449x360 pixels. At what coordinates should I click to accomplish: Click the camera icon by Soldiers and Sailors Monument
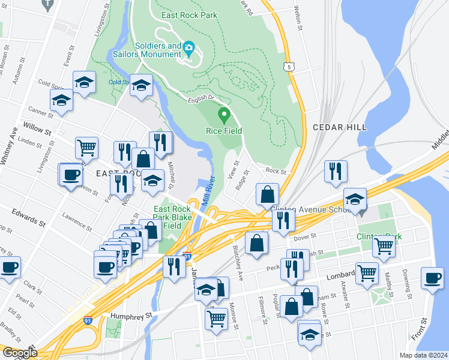pos(188,47)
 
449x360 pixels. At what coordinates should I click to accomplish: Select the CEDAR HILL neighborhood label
pos(336,127)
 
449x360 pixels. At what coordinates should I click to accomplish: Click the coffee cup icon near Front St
pos(432,278)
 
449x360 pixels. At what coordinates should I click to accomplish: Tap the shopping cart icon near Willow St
pos(87,146)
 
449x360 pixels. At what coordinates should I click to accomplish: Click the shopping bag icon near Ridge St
pos(267,194)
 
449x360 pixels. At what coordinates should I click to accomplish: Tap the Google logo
pos(19,353)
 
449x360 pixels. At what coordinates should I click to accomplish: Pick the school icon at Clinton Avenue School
pos(355,199)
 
